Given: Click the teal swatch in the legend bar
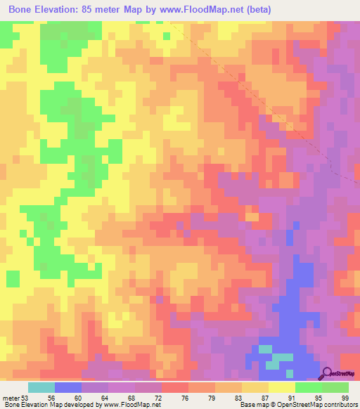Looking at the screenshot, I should click(41, 387).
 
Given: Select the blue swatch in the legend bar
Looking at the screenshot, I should click(68, 387).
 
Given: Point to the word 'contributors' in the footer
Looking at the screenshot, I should click(337, 404).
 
